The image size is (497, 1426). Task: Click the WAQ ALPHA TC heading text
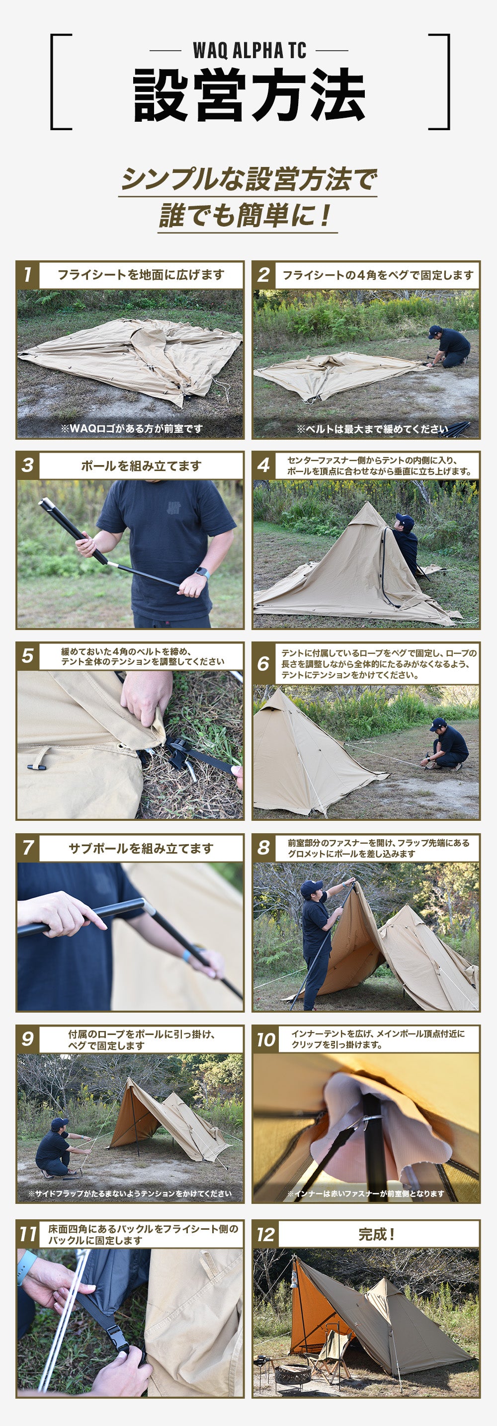[x=249, y=50]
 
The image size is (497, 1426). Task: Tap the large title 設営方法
[x=249, y=95]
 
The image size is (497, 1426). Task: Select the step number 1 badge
[x=28, y=275]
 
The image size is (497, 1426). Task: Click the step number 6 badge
[x=263, y=663]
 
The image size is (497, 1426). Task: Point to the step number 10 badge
[x=265, y=1039]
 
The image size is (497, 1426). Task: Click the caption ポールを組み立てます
[x=141, y=466]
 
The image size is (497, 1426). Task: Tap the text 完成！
[x=376, y=1234]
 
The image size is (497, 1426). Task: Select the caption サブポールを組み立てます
[x=141, y=848]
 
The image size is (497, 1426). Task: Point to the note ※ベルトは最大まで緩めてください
[x=372, y=428]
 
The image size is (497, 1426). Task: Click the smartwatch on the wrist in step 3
[x=202, y=573]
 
